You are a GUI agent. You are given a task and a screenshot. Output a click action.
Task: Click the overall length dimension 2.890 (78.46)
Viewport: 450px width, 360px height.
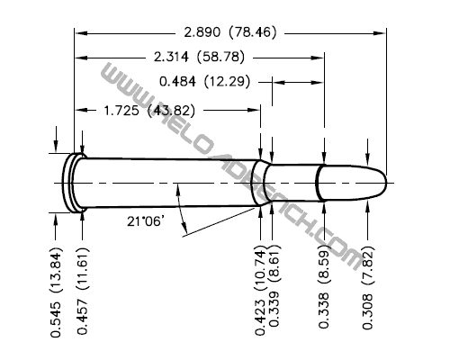coord(232,32)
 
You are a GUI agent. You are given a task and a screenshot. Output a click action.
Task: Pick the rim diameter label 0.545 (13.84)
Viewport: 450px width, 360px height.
coord(56,292)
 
